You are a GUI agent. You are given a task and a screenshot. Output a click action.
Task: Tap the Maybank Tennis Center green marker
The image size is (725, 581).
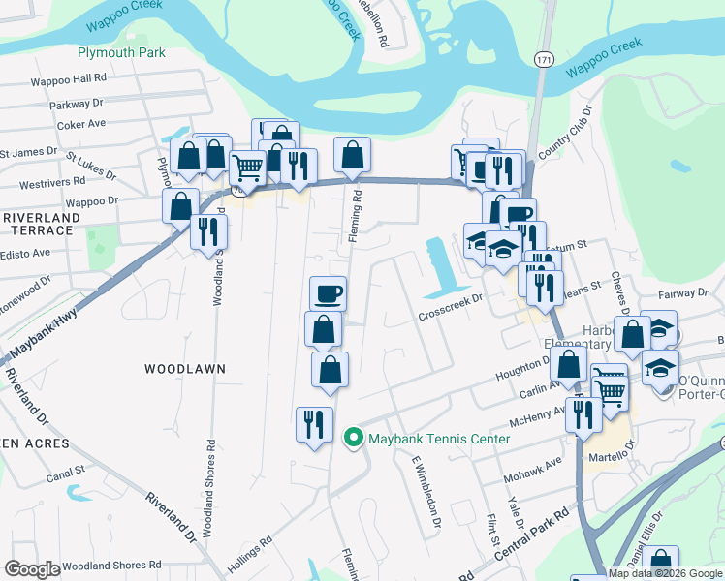[x=353, y=439]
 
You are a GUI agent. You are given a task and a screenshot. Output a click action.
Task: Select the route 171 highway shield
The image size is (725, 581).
[x=543, y=60]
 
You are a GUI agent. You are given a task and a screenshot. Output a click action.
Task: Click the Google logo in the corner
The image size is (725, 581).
[x=32, y=569]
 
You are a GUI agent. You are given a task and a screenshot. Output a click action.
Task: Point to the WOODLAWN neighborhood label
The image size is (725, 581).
[x=184, y=369]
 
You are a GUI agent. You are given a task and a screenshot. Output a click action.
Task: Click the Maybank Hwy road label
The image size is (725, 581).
[x=44, y=329]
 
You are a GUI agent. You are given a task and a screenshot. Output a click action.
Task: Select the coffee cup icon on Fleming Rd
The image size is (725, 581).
[x=328, y=292]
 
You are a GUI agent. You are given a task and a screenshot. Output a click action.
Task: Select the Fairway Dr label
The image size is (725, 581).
[x=682, y=292]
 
